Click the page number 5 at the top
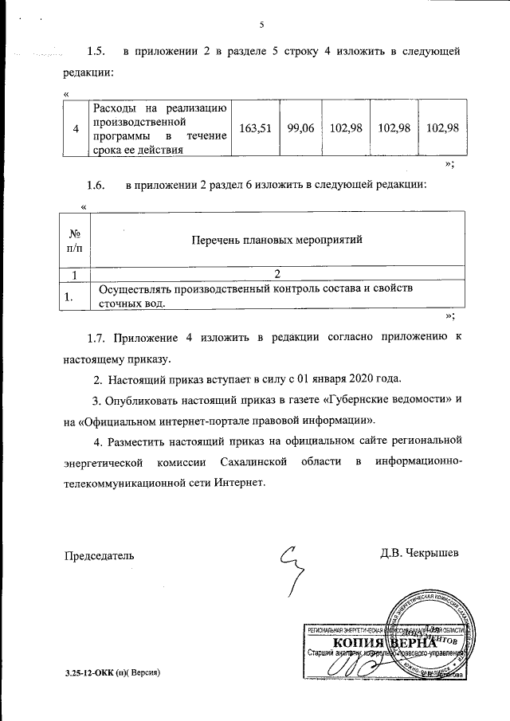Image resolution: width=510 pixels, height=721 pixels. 261,24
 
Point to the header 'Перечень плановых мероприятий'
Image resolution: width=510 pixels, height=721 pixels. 277,238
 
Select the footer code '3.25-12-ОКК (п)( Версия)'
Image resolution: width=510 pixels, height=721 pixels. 113,673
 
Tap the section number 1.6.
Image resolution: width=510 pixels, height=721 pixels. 96,185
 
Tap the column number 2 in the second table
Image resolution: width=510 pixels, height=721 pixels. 277,275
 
